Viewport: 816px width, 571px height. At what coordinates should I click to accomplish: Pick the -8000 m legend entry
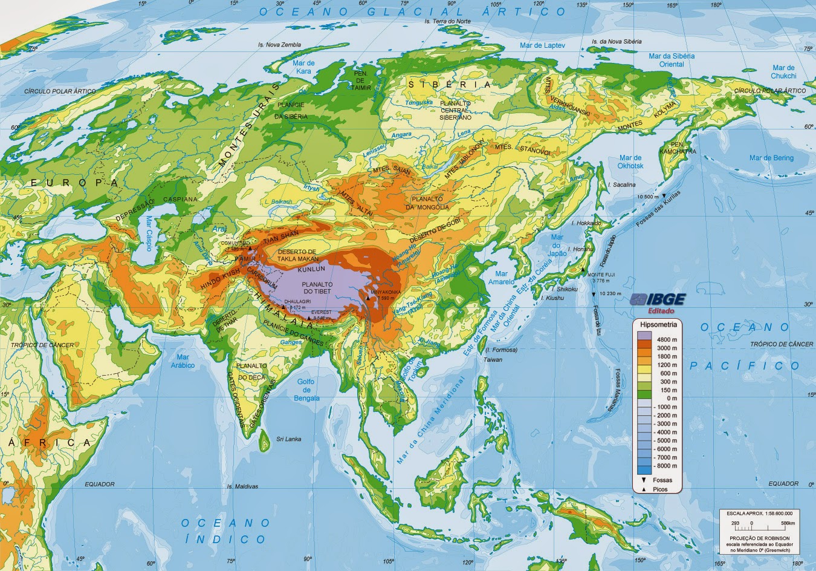coord(667,466)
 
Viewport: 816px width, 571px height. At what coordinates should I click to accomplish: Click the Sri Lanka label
coord(289,439)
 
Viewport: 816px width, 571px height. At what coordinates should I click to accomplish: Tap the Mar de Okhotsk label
coord(630,162)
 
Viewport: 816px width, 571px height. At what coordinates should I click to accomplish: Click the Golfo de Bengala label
coord(306,390)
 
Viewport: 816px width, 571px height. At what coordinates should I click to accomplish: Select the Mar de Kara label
coord(303,67)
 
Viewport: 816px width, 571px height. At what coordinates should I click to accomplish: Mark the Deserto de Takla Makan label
coord(297,255)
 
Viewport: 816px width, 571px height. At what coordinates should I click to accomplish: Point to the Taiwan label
coord(493,359)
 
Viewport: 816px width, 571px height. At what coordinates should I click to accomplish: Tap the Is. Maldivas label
coord(242,486)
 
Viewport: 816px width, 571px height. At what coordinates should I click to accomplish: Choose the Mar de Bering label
coord(771,158)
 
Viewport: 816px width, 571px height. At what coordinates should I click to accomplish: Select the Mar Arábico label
coord(182,361)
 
